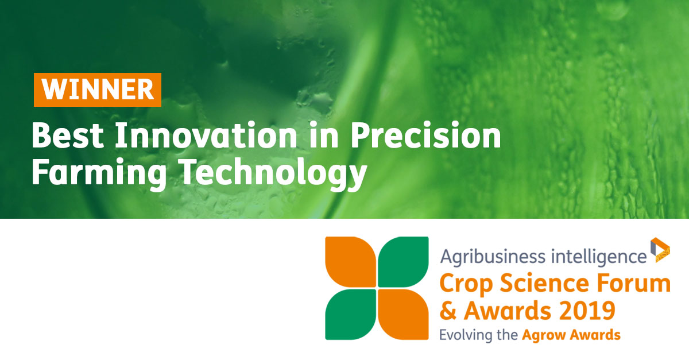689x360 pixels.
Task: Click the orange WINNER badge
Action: pos(98,90)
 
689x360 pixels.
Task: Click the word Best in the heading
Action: pos(68,136)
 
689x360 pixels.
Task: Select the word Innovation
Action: pos(206,135)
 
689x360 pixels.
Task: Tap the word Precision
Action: pos(425,135)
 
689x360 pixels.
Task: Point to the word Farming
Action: pos(99,172)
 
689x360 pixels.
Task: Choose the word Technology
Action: pos(274,172)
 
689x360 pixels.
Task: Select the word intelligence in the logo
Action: pos(598,257)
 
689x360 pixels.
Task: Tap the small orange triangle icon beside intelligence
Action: pos(660,250)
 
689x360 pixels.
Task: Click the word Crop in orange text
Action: pos(466,284)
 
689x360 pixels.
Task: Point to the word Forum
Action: pos(634,283)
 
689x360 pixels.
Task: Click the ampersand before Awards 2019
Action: pos(448,311)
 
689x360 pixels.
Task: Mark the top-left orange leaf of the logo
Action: pos(351,262)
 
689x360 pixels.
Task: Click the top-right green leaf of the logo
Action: pos(403,262)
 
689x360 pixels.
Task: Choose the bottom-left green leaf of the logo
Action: pos(351,315)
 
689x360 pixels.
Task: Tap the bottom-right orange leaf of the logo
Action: pos(403,315)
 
